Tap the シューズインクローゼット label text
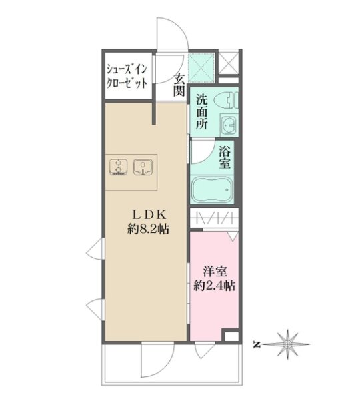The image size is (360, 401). pos(127,76)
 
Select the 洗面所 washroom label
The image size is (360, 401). pos(202,112)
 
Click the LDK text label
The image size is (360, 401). pos(149,214)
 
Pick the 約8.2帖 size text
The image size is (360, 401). pos(149,229)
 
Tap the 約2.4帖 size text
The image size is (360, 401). pos(215,286)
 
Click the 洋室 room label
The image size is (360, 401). pos(215,272)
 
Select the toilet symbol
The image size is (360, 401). pos(227,100)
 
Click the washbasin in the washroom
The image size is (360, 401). pos(229,125)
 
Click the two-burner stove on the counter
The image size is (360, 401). pos(118,167)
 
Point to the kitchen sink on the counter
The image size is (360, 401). pos(143,167)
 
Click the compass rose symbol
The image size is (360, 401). pos(288,344)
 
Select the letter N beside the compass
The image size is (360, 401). pos(255,345)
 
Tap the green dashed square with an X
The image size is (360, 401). pos(201,67)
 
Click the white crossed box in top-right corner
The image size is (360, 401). pos(229,63)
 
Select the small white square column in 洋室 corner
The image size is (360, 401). pos(231,336)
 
